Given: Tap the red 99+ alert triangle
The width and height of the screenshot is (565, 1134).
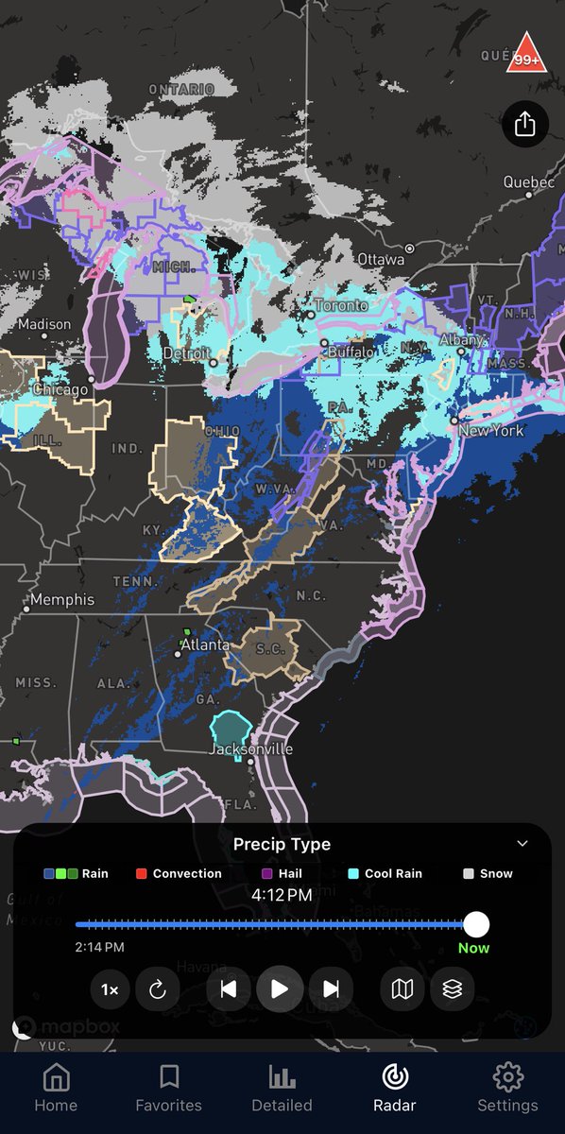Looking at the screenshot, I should pos(524,55).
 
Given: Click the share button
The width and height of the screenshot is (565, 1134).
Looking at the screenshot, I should pos(524,124).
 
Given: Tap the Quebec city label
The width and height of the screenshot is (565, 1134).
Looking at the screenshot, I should pos(528,181).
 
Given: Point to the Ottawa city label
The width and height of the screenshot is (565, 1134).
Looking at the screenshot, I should pos(381,259).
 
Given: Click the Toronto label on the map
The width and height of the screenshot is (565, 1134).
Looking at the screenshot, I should pos(341,306).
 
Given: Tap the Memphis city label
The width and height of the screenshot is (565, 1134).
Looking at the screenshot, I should pos(62,599).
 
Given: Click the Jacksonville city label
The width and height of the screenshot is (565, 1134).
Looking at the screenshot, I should pos(251,749).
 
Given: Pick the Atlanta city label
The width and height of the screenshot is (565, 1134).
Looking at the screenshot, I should pos(205,644).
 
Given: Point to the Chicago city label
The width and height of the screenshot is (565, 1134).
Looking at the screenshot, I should pos(60,389).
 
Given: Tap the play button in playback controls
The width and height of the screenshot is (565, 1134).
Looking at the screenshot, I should pos(280,989).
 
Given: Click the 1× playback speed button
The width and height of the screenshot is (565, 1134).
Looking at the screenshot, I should pos(110,989).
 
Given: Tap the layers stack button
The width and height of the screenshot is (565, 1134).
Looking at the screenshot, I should pos(452,989).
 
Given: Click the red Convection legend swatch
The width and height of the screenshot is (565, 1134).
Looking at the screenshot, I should pos(142,873).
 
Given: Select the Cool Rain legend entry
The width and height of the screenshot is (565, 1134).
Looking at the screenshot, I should pos(385,873).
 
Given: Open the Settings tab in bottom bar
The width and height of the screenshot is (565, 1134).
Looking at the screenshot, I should pos(508,1087).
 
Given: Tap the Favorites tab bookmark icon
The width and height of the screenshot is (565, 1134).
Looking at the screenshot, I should pos(169,1076).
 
